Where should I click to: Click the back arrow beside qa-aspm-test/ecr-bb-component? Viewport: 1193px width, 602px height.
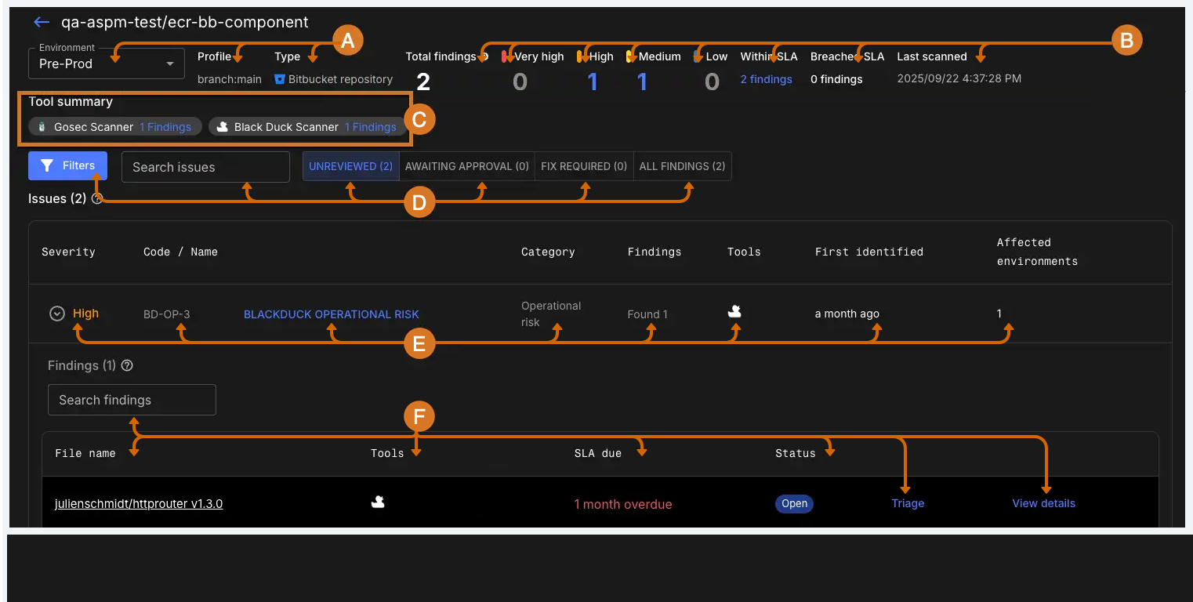pos(42,23)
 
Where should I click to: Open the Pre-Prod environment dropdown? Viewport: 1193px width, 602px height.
pos(106,63)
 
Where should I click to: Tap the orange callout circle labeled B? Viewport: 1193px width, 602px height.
pos(1126,41)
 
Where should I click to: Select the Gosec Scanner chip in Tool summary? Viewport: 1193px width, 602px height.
pos(114,127)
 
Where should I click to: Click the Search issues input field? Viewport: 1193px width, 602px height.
pos(205,167)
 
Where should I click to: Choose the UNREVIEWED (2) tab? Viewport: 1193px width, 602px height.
pos(350,166)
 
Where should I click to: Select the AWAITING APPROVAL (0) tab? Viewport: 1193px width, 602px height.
pos(467,166)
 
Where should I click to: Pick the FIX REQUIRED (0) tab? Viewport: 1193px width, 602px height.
pos(584,166)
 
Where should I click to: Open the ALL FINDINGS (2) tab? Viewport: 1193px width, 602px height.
pos(682,166)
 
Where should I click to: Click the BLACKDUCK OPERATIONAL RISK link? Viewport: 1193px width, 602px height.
pos(332,314)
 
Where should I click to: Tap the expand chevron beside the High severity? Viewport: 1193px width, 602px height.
pos(56,314)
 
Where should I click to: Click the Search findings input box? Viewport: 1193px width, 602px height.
pos(132,400)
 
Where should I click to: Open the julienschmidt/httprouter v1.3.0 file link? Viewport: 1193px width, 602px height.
pos(139,504)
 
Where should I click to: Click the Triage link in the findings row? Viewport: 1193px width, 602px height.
pos(908,503)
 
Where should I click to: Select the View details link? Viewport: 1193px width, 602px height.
pos(1043,503)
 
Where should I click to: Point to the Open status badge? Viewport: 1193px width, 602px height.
pos(794,503)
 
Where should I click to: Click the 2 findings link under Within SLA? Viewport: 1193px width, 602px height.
pos(766,79)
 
